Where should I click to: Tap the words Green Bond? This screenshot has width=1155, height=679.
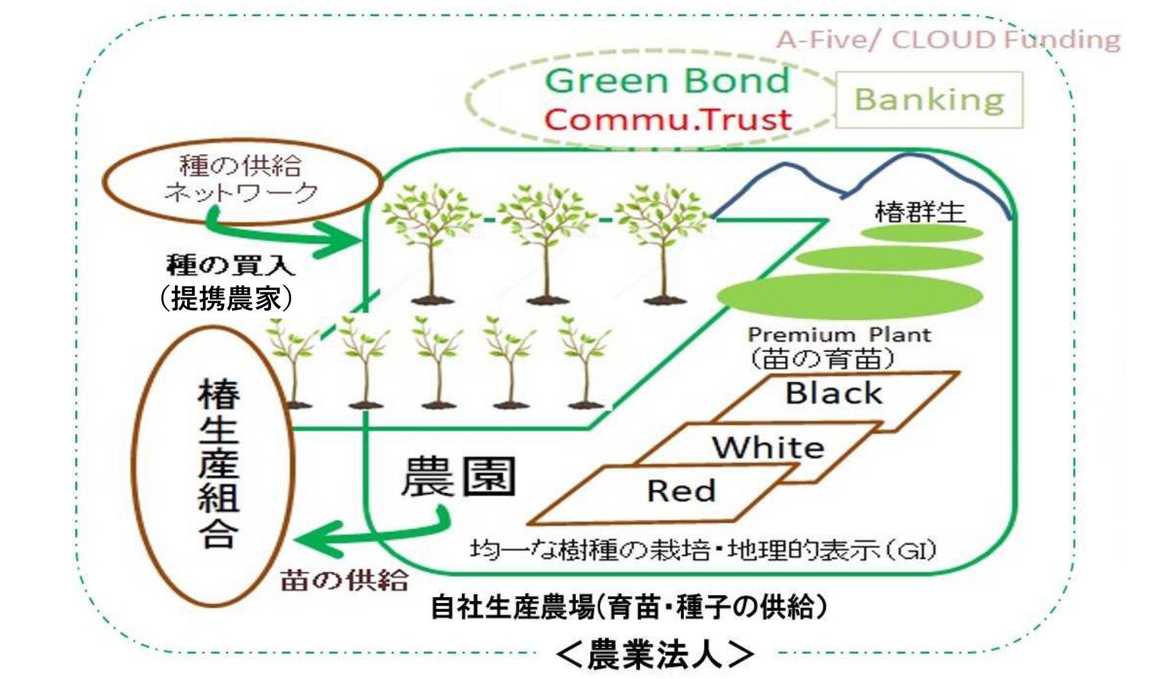coord(667,81)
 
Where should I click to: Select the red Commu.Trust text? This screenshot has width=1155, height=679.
coord(668,119)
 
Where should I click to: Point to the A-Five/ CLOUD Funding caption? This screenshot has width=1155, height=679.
coord(949,40)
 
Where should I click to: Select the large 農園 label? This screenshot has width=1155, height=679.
coord(458,476)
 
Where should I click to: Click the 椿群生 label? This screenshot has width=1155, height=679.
coord(920,212)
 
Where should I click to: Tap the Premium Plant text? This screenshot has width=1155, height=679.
coord(839,334)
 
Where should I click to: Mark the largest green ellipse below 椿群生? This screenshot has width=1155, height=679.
coord(849,296)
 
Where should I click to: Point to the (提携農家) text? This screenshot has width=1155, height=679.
coord(226,298)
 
